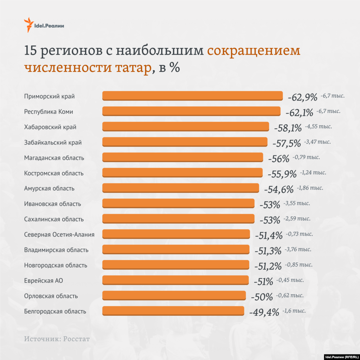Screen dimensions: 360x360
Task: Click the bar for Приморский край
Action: click(x=192, y=96)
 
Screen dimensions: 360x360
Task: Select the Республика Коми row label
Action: click(x=49, y=112)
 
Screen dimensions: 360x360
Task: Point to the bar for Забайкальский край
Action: click(x=185, y=142)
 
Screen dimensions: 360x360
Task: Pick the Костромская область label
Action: click(x=54, y=173)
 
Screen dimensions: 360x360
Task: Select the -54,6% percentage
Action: click(x=278, y=189)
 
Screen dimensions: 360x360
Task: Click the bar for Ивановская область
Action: click(x=178, y=203)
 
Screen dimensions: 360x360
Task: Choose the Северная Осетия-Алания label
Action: click(x=59, y=234)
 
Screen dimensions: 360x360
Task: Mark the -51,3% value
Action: click(x=267, y=251)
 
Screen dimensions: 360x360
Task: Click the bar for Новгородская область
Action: click(x=175, y=265)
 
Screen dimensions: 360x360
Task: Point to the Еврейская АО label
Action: click(x=44, y=281)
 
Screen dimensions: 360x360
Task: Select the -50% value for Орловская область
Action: click(x=262, y=297)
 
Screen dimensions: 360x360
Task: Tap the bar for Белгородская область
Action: click(x=173, y=311)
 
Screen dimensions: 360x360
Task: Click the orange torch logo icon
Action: click(x=28, y=25)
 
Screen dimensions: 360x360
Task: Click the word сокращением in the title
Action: click(x=253, y=51)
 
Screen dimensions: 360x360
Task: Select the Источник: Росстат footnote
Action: click(x=57, y=339)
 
